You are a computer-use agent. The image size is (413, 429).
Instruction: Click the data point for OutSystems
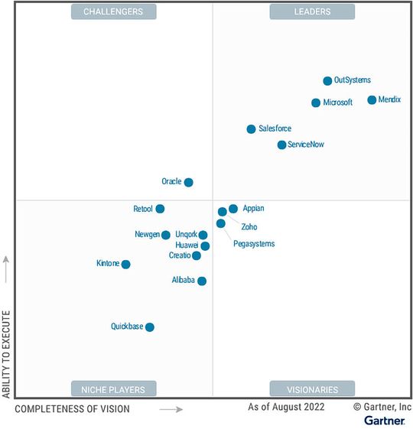point(327,81)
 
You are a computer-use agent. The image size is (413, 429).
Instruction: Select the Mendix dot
point(372,100)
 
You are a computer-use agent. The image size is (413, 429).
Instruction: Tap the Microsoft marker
point(316,102)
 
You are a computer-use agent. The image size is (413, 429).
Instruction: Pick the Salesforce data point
point(251,129)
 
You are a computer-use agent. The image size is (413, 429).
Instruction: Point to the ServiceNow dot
point(281,145)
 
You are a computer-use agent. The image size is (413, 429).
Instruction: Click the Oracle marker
point(189,182)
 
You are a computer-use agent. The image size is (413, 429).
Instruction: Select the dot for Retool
point(160,209)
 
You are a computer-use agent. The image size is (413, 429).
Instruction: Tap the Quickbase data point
point(150,327)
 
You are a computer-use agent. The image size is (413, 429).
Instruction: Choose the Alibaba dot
point(202,281)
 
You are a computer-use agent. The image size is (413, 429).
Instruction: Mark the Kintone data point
point(126,265)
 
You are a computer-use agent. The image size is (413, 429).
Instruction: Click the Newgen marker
point(166,235)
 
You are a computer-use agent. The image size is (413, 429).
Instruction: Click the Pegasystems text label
point(254,244)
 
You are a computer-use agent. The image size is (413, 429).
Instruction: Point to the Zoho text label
point(249,227)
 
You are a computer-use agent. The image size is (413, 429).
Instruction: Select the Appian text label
point(253,208)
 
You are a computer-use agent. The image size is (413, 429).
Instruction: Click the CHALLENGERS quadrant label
point(113,11)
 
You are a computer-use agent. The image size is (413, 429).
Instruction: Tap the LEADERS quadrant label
point(312,11)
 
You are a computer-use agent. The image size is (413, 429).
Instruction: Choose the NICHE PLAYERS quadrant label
point(113,388)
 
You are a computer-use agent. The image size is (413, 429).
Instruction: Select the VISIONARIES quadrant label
point(312,388)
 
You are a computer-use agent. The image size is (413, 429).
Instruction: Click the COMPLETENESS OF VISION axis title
point(73,409)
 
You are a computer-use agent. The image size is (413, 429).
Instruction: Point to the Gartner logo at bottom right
point(384,421)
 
